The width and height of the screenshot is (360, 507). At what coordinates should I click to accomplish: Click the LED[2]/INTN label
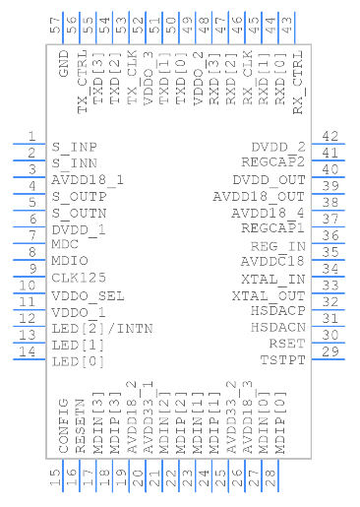coord(95,328)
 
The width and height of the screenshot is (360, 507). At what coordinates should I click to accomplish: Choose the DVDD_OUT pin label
coord(270,180)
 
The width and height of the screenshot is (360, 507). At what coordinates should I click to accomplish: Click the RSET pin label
coord(288,345)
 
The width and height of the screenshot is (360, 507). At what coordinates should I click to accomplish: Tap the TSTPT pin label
coord(283,361)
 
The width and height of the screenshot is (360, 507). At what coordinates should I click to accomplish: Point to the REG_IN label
coord(278,246)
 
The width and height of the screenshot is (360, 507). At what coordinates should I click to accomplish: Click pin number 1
coord(31,137)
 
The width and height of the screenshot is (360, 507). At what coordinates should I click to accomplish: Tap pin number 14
coord(31,351)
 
